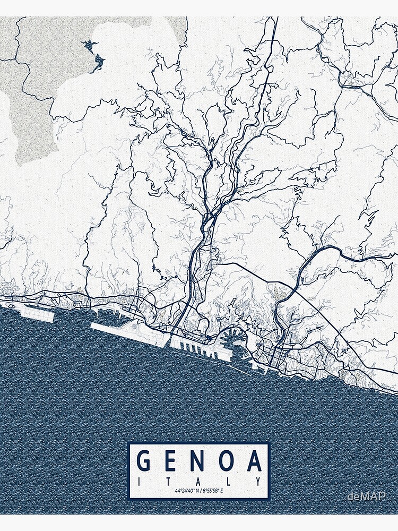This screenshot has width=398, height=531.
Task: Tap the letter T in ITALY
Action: (x=169, y=481)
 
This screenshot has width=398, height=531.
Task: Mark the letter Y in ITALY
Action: (x=259, y=481)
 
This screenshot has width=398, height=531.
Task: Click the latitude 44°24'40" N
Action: (x=186, y=490)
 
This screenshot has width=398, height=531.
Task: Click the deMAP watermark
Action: (x=366, y=496)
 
